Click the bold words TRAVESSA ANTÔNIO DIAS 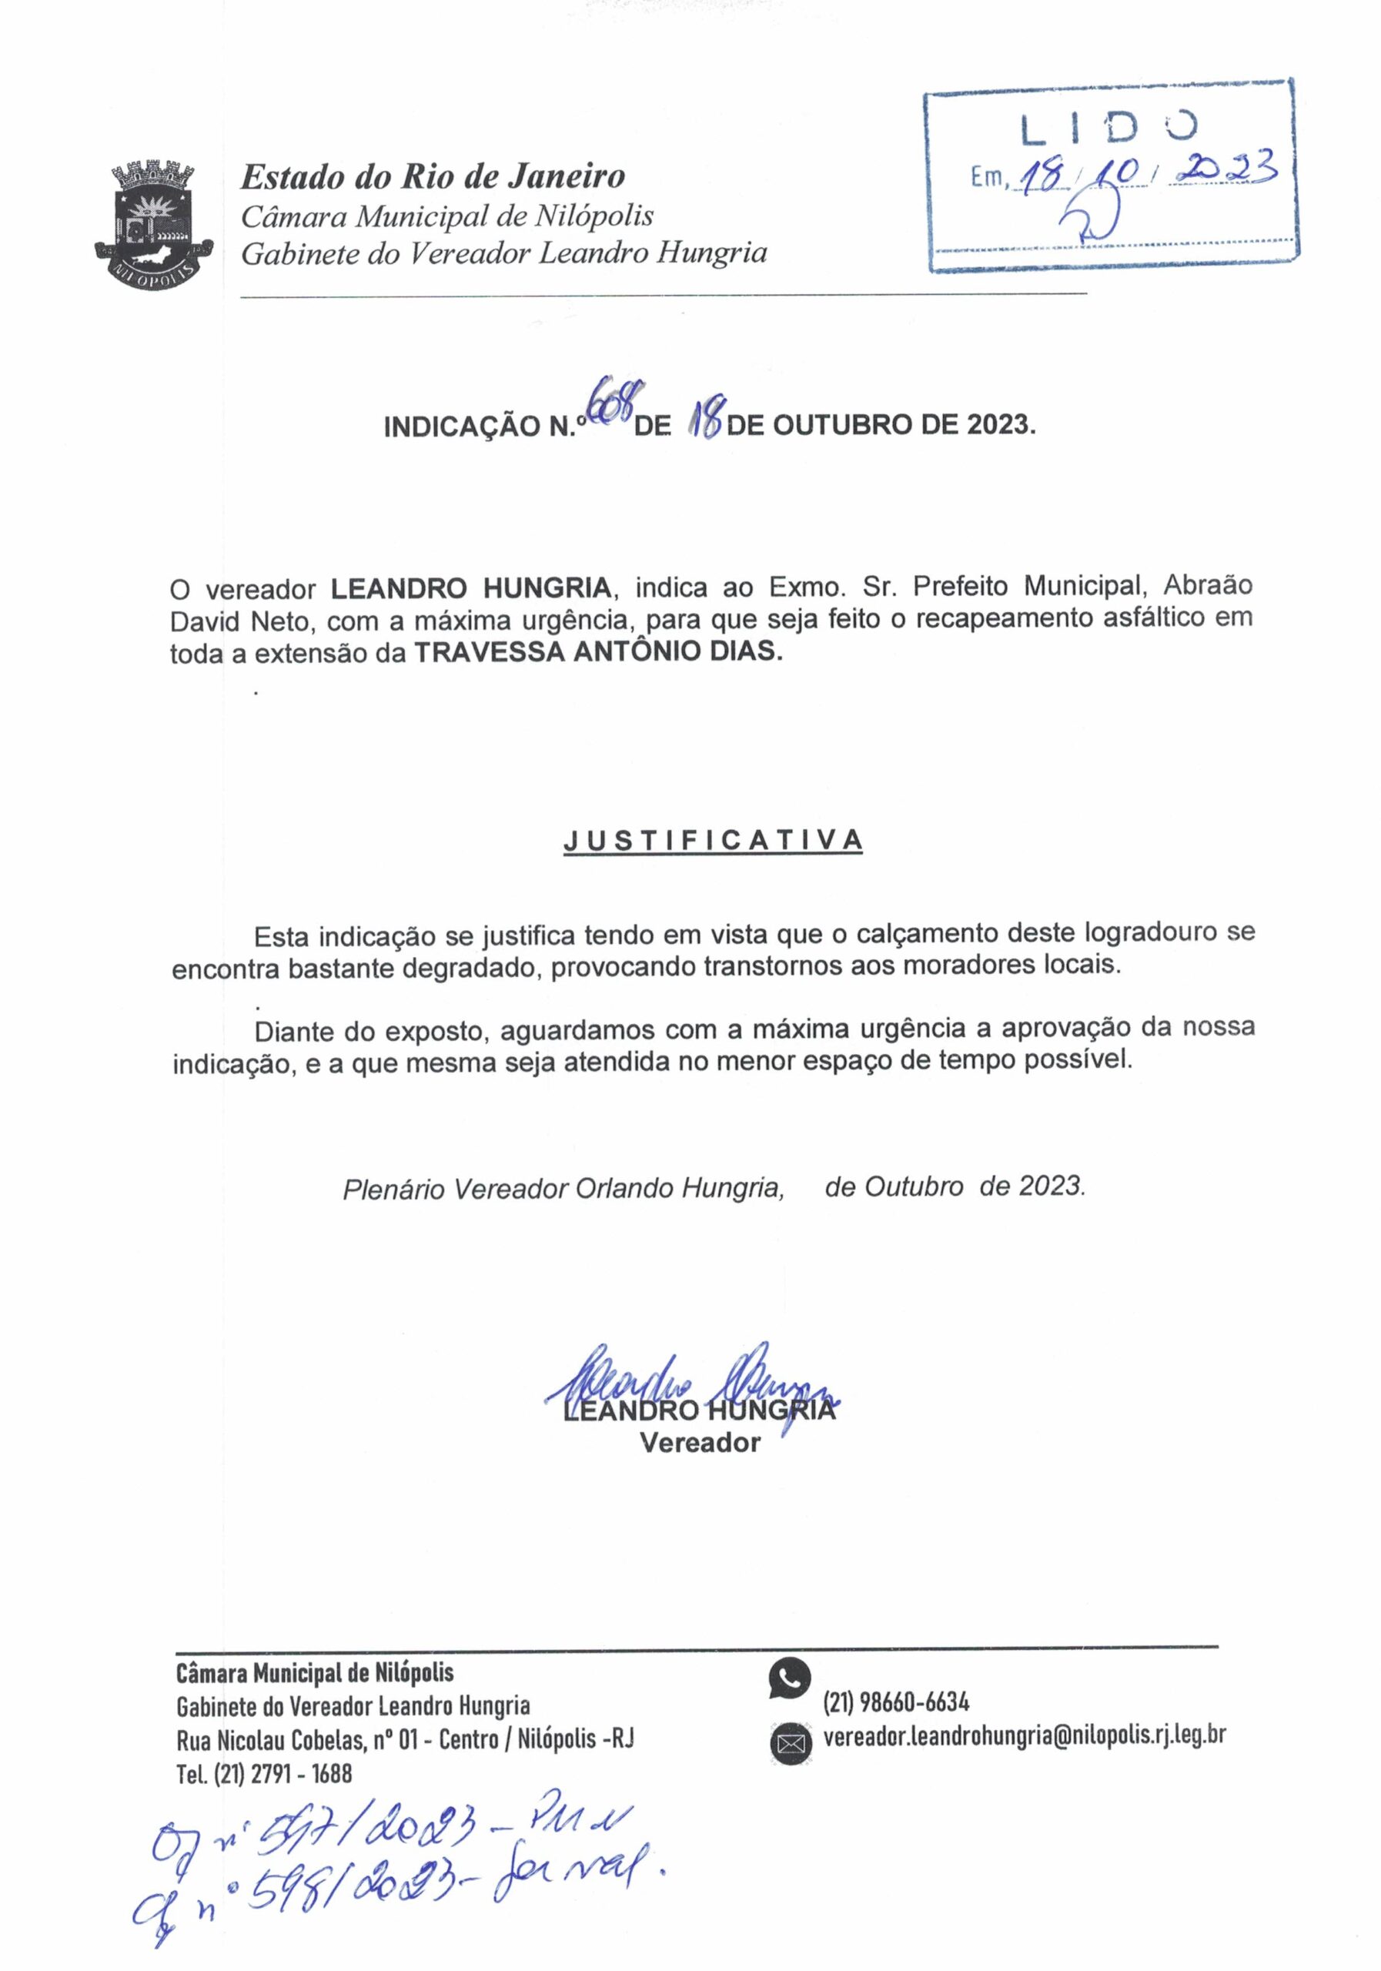click(598, 652)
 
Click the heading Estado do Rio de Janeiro click(433, 177)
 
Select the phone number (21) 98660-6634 click(896, 1702)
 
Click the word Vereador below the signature click(700, 1442)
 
